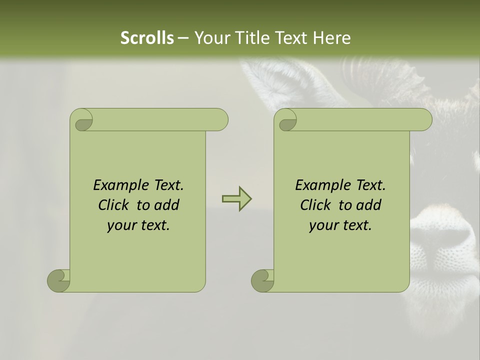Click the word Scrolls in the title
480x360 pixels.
coord(147,38)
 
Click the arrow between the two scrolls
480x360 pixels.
coord(236,199)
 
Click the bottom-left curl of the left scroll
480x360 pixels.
coord(58,280)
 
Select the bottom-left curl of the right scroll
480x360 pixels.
coord(262,280)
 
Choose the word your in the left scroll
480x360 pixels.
coord(120,226)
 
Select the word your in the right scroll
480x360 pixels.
coord(322,226)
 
